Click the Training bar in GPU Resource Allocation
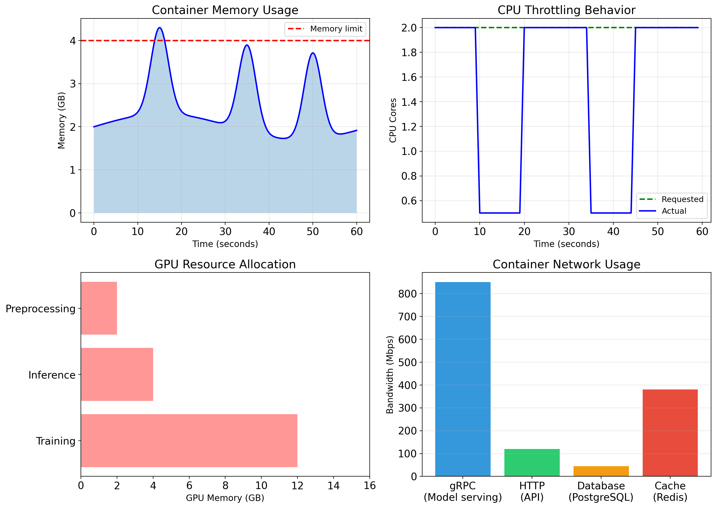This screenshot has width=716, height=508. point(189,440)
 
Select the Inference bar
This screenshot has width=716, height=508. point(117,374)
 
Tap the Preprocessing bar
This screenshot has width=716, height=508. point(99,308)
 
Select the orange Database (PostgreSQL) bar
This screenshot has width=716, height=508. point(601,471)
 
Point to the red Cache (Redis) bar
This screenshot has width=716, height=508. point(670,433)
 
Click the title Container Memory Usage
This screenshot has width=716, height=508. point(225,10)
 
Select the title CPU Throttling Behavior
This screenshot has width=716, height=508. point(566,10)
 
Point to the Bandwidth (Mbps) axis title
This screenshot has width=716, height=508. point(390,374)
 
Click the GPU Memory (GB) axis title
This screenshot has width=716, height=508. point(225,498)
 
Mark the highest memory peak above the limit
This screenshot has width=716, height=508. point(160,28)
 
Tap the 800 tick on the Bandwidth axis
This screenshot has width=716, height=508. point(407,294)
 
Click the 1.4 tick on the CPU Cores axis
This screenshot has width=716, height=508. point(409,102)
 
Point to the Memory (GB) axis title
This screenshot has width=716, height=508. point(61,120)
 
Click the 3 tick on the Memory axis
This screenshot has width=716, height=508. point(73,84)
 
